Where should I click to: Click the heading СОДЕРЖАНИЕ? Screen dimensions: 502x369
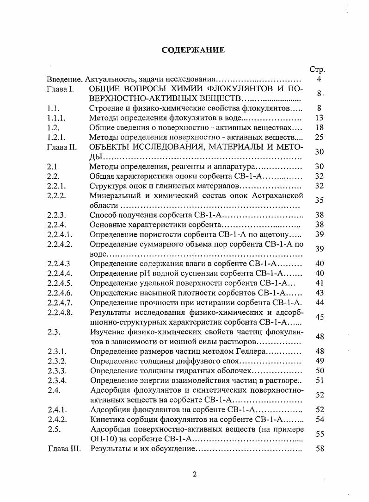pyautogui.click(x=193, y=50)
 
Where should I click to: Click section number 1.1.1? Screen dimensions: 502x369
pyautogui.click(x=57, y=118)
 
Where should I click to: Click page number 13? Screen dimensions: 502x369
pyautogui.click(x=319, y=118)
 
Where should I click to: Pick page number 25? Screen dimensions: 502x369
pyautogui.click(x=319, y=138)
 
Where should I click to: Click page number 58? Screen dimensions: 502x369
pyautogui.click(x=319, y=449)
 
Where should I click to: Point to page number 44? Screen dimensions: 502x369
pyautogui.click(x=319, y=303)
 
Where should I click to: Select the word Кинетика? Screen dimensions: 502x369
pyautogui.click(x=107, y=420)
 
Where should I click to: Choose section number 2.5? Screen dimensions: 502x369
pyautogui.click(x=54, y=429)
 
